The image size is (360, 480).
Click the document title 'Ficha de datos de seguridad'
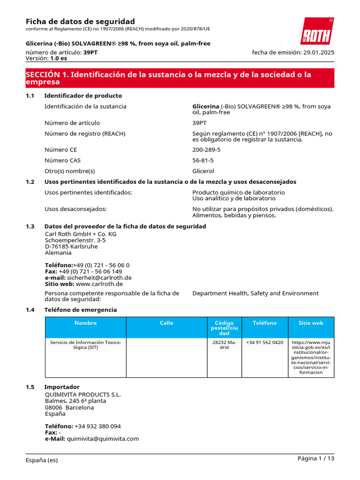point(80,22)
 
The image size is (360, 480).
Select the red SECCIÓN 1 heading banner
point(180,78)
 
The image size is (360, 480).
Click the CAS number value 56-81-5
point(203,160)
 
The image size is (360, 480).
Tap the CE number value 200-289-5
point(206,150)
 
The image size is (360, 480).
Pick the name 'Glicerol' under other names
point(203,171)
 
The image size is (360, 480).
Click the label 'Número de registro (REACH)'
point(85,134)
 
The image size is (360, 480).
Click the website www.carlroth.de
point(99,284)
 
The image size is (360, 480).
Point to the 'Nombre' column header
point(85,323)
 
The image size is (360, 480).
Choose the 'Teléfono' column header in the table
point(264,323)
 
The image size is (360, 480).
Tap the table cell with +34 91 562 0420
point(264,343)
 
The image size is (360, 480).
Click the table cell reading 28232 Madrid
point(224,345)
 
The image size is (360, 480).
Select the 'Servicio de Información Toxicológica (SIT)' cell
point(85,345)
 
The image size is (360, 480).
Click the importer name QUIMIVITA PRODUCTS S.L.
point(83,394)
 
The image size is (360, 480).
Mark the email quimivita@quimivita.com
point(103,439)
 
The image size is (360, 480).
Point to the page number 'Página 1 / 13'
point(315,458)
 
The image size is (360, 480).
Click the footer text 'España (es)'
point(42,460)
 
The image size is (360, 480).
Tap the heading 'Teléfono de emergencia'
point(80,310)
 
